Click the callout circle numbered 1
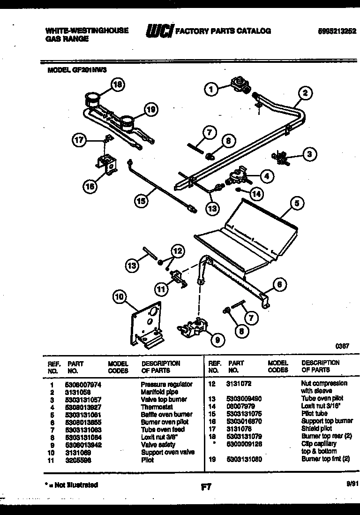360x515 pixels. coord(211,89)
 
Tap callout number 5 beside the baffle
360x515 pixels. coord(296,204)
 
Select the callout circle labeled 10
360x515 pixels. coord(120,296)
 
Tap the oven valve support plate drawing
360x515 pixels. coord(147,324)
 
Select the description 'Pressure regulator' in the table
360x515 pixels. coord(166,384)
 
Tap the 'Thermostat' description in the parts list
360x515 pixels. coord(157,407)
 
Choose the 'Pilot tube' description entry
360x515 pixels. coord(314,414)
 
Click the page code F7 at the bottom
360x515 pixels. coord(206,487)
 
